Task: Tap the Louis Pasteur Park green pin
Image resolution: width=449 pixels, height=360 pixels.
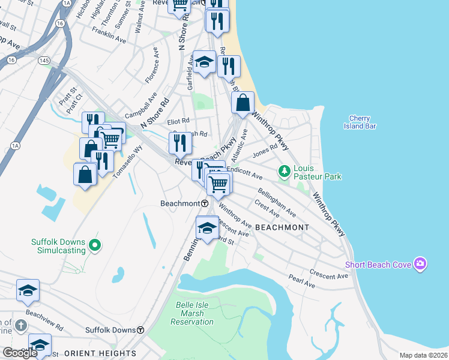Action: tap(285, 172)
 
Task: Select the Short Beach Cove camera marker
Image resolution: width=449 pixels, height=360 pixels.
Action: tap(420, 265)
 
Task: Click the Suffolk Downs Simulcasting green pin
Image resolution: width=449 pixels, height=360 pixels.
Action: tap(93, 245)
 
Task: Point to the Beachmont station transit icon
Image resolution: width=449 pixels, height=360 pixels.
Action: tap(205, 203)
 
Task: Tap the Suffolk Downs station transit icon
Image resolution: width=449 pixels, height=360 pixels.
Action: tap(140, 330)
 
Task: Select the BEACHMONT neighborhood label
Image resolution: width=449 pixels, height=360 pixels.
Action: tap(282, 227)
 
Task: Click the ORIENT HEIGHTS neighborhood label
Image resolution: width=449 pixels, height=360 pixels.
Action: tap(100, 353)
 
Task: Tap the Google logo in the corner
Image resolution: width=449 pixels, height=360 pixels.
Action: tap(20, 353)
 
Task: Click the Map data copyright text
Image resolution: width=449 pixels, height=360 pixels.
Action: tap(423, 355)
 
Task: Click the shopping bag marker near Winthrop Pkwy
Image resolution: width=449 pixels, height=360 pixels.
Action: tap(243, 103)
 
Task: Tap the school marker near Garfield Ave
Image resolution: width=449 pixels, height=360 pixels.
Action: tap(204, 62)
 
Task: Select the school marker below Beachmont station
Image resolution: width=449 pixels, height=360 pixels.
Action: tap(207, 229)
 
